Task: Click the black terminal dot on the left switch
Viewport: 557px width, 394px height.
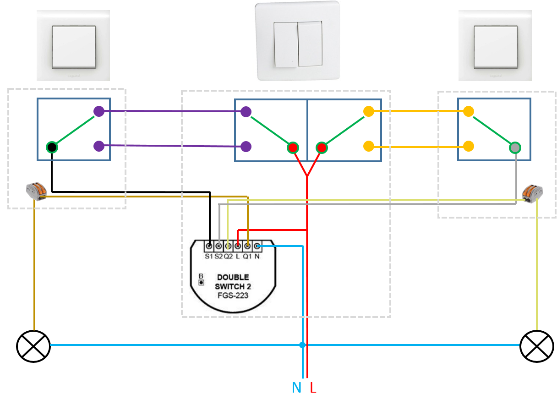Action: click(x=52, y=147)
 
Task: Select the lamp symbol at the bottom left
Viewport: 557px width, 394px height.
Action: click(x=33, y=346)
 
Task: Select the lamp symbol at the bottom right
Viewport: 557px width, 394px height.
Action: click(x=537, y=346)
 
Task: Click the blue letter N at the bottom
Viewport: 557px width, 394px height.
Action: click(x=296, y=388)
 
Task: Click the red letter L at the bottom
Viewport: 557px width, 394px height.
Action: click(x=313, y=388)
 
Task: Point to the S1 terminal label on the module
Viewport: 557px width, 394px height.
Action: click(x=209, y=256)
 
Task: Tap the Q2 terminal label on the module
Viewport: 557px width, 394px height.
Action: click(x=228, y=256)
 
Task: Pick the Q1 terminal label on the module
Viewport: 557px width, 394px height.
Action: click(x=247, y=256)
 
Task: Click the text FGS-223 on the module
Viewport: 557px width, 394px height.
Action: click(x=233, y=295)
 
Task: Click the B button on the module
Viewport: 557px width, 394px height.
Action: click(x=201, y=282)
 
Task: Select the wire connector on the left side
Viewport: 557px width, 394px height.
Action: click(x=36, y=190)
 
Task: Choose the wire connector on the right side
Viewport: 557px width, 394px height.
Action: click(x=532, y=193)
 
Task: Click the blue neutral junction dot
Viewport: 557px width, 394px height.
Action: click(x=302, y=345)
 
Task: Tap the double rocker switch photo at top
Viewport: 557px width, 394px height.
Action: click(x=298, y=41)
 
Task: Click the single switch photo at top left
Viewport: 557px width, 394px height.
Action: click(x=73, y=46)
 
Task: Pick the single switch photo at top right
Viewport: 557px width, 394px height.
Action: click(x=495, y=46)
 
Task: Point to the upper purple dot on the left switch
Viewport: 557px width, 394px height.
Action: click(x=99, y=111)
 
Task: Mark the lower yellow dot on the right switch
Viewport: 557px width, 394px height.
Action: click(x=468, y=146)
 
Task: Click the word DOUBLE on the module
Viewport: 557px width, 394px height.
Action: click(x=233, y=277)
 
